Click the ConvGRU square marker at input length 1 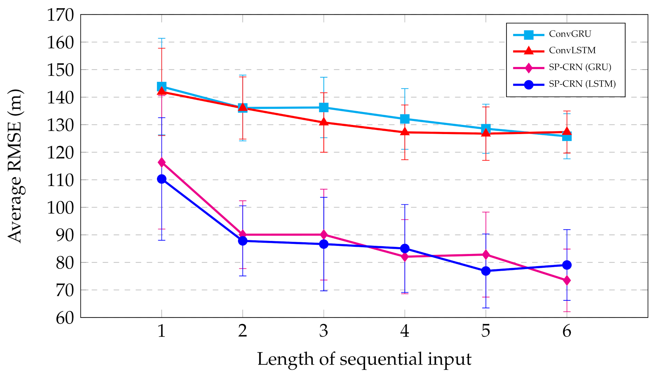pos(162,87)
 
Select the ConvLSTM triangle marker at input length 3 pos(324,122)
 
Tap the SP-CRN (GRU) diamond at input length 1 pos(162,162)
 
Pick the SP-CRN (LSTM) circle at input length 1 pos(162,179)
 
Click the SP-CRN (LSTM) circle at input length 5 pos(486,271)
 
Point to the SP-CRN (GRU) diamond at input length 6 pos(567,280)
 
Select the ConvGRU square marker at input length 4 pos(405,119)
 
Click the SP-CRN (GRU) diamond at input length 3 pos(324,235)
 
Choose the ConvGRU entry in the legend pos(570,34)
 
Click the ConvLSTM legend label pos(572,50)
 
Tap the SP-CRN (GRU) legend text pos(580,67)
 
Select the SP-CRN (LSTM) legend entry pos(582,84)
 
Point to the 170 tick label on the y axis pos(61,15)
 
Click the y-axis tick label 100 pos(61,208)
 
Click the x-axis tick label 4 pos(405,331)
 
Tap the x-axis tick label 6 pos(567,331)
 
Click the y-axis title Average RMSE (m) pos(15,166)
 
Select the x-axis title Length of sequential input pos(364,359)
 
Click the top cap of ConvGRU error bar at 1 pos(162,39)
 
